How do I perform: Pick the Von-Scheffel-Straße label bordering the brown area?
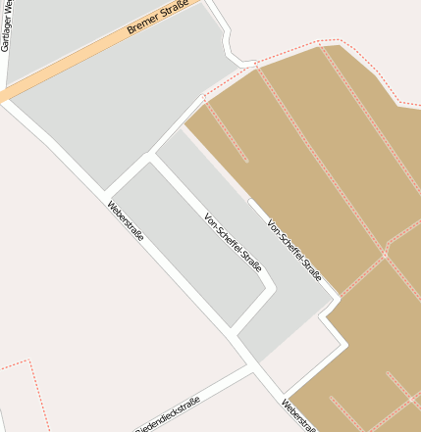click(294, 250)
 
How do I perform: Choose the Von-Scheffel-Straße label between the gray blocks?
click(234, 242)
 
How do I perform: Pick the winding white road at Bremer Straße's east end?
click(227, 39)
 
